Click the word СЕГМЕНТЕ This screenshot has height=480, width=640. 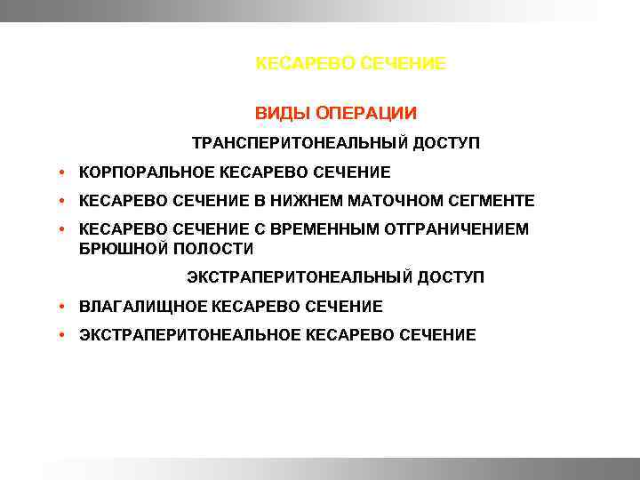[492, 201]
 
